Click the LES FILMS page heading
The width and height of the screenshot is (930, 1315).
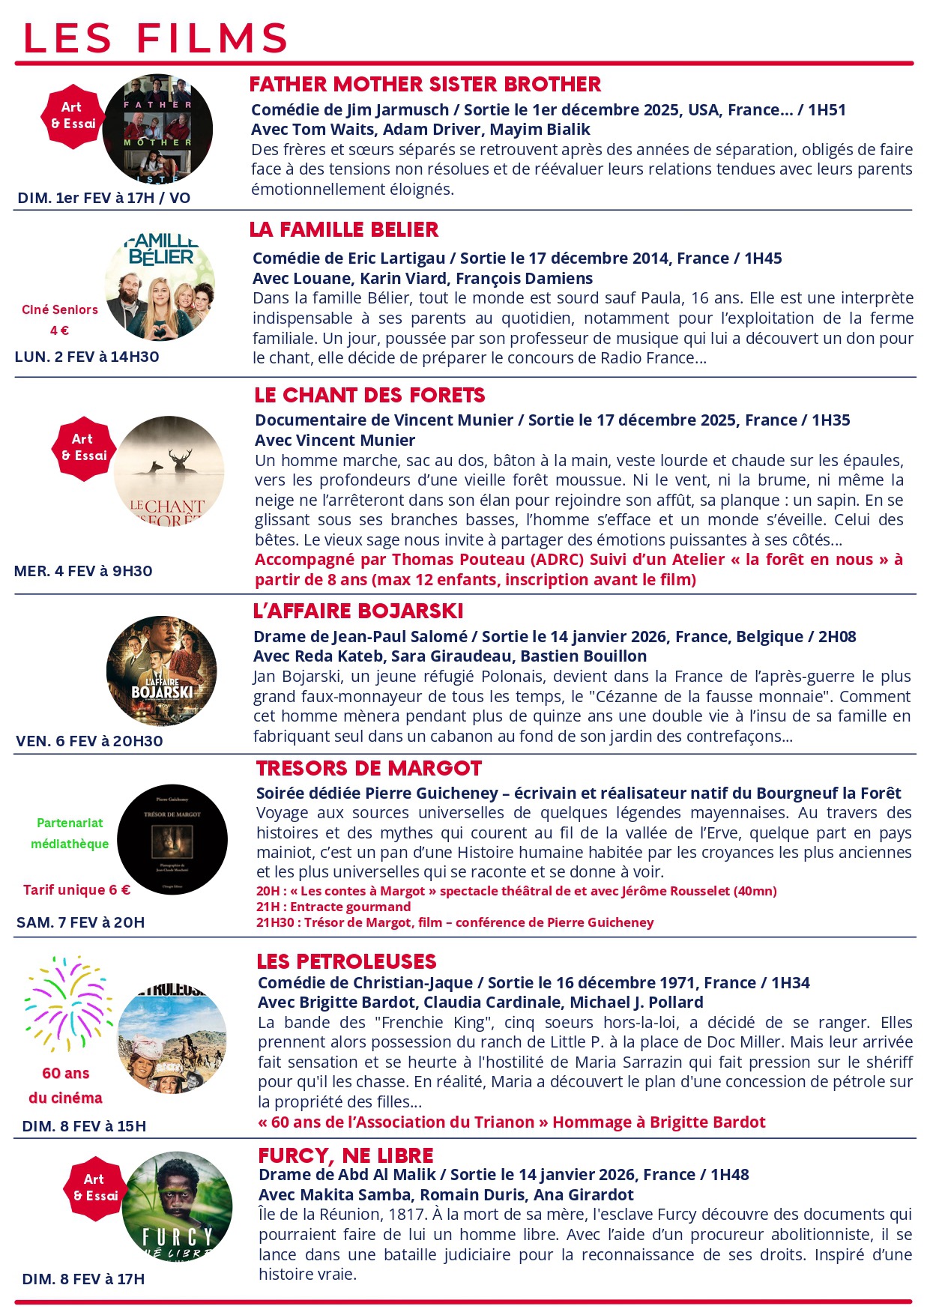156,37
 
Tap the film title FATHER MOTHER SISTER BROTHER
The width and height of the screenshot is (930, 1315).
425,84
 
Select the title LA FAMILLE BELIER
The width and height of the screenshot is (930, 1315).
344,229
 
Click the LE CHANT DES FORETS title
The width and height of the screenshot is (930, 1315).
369,395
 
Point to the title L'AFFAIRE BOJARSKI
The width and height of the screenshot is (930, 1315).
358,611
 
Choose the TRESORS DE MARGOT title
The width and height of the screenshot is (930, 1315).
369,768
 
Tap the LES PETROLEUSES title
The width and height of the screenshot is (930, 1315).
346,961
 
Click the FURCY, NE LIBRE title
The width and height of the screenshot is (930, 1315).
345,1155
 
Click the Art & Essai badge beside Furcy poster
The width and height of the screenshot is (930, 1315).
95,1188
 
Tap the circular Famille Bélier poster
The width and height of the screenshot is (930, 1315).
160,285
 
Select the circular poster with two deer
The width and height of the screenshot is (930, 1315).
169,471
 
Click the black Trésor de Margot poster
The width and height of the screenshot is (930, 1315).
172,839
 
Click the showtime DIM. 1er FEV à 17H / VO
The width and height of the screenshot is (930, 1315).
104,198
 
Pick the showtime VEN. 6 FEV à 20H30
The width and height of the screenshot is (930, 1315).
89,741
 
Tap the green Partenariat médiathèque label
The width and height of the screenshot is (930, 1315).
70,833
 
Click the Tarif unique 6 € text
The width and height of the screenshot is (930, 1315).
76,889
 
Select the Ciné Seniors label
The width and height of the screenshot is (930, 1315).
60,309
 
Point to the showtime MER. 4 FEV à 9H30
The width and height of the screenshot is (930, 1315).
83,571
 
